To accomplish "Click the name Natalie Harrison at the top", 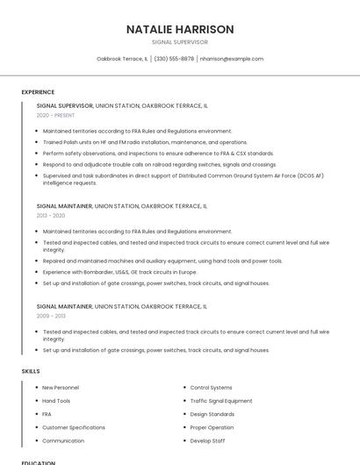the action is click(180, 29).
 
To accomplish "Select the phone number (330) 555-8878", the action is click(174, 59).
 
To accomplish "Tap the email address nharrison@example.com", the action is click(232, 59).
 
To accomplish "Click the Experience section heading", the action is click(38, 92).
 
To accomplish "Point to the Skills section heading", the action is click(31, 371).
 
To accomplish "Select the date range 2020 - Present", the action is click(55, 115).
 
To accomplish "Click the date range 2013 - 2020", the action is click(51, 215).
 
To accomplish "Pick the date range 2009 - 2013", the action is click(51, 316).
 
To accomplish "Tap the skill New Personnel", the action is click(61, 387).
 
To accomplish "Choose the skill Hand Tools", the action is click(56, 401).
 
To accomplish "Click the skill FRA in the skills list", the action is click(47, 414).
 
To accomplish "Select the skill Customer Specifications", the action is click(74, 427).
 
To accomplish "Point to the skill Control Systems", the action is click(211, 387).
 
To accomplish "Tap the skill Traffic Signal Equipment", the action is click(221, 401).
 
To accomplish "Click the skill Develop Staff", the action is click(207, 440).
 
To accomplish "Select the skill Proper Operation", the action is click(212, 427).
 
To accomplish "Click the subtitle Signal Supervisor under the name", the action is click(180, 41).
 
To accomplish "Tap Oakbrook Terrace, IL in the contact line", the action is click(122, 59).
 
